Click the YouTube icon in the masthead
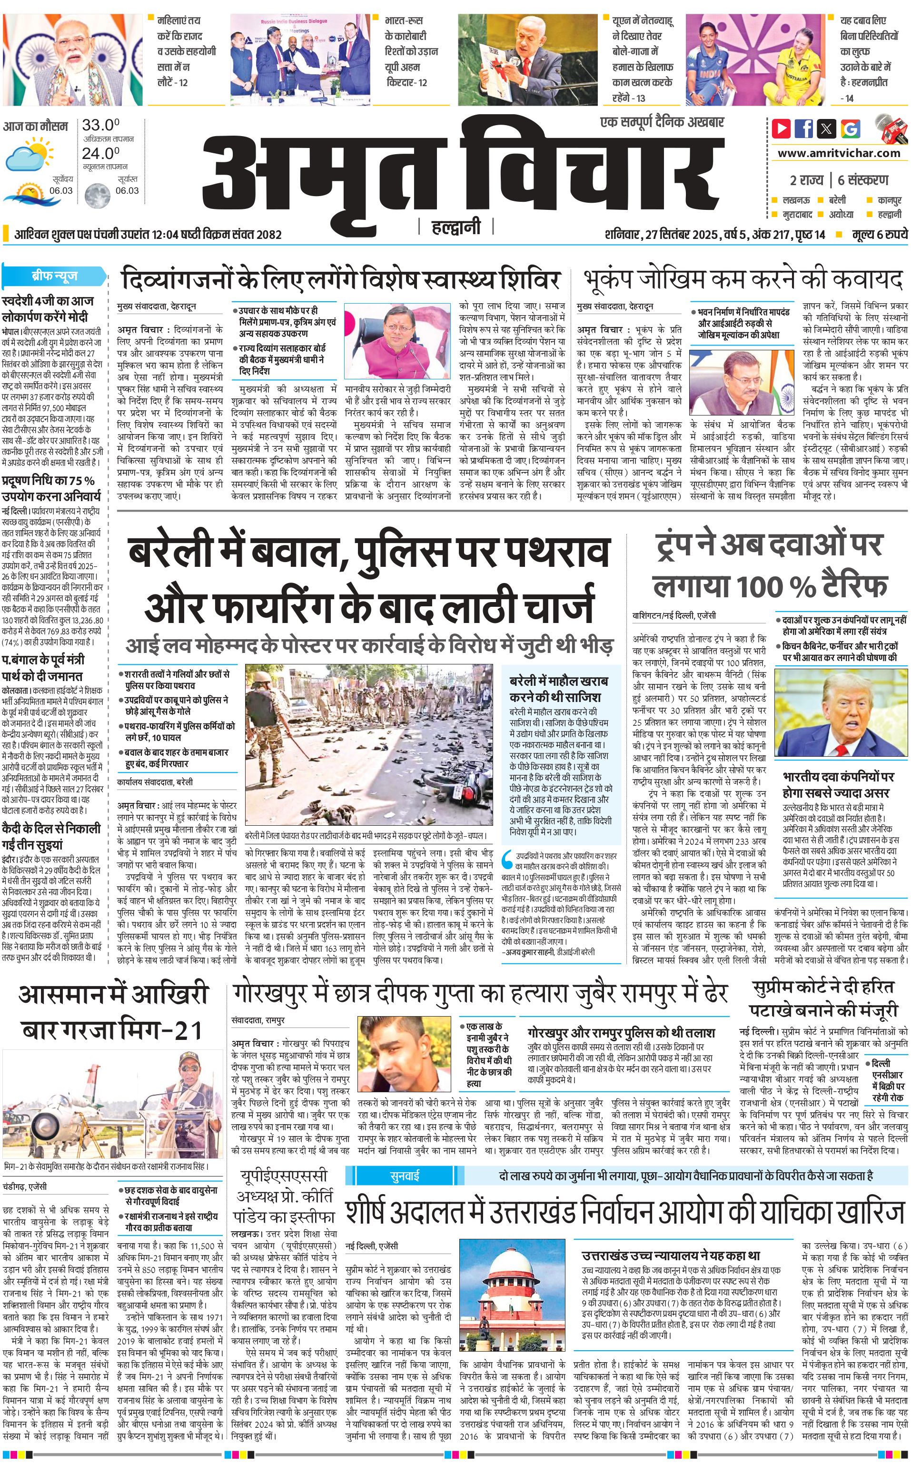[781, 129]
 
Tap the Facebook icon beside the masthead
[804, 129]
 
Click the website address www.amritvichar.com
[839, 153]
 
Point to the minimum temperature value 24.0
[100, 153]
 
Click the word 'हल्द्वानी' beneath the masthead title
[456, 227]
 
